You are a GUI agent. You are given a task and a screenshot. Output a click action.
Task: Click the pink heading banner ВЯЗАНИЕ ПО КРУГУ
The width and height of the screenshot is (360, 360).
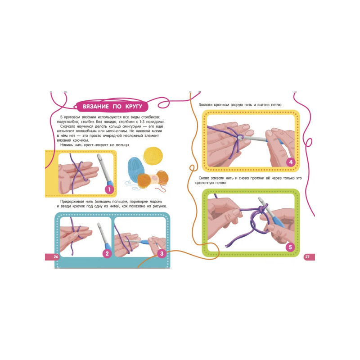pos(112,107)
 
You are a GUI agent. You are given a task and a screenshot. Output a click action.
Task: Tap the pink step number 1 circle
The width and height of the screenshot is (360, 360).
pos(109,189)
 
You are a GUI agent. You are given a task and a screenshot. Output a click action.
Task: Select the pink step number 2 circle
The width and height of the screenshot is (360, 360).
pos(107,253)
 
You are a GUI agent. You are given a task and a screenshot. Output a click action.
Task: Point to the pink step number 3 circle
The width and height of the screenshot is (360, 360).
pos(162,253)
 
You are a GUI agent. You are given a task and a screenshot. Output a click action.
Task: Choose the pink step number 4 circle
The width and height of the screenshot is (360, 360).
pos(291,162)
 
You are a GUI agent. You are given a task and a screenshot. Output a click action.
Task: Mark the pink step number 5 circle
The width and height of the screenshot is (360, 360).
pos(290,247)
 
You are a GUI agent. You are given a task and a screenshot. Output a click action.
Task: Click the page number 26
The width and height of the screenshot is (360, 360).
pos(56,256)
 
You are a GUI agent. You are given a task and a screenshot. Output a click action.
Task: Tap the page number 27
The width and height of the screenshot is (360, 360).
pos(307,256)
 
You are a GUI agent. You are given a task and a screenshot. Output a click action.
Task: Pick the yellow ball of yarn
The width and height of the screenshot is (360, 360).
pos(153,156)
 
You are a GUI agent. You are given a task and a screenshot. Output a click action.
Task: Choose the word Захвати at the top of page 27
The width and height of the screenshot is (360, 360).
pos(206,105)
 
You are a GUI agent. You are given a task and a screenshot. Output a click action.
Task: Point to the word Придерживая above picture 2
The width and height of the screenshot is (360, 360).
pos(71,202)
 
